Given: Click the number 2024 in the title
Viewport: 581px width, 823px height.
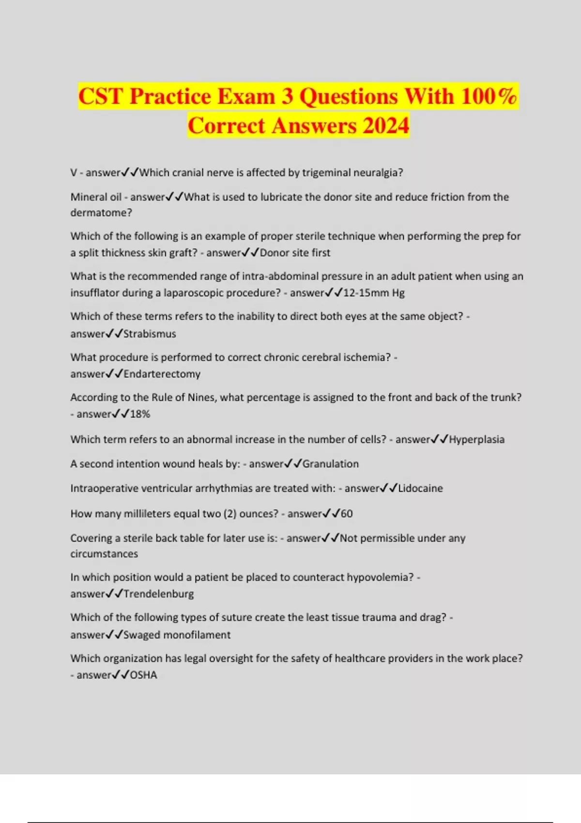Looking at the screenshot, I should point(385,126).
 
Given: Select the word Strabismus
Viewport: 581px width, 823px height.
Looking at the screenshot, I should point(150,334).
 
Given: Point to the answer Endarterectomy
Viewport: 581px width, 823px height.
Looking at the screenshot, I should point(162,374).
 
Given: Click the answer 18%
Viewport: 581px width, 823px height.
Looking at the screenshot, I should point(140,414).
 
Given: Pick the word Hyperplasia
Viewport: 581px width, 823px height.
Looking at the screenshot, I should point(476,440).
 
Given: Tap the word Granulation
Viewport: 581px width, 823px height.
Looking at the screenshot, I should point(330,464).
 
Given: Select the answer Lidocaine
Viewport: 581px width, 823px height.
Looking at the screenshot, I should point(420,488).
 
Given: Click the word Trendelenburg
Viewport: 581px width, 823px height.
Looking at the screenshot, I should point(158,594).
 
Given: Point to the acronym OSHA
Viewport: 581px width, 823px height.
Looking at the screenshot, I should point(143,675).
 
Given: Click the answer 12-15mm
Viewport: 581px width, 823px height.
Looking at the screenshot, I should point(366,293).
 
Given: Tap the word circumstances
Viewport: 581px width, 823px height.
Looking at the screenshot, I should point(104,554).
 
